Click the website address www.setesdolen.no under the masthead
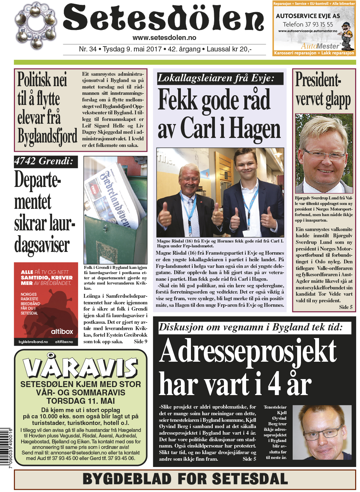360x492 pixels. tap(164, 38)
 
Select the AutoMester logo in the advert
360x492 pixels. tap(320, 46)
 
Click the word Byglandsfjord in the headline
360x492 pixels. tap(47, 137)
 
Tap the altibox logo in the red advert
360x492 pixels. tap(62, 331)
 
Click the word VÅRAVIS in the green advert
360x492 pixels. tap(81, 367)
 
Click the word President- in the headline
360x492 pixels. tap(318, 80)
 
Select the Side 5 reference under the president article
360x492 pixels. tap(345, 307)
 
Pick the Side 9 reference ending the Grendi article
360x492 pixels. tap(141, 342)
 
